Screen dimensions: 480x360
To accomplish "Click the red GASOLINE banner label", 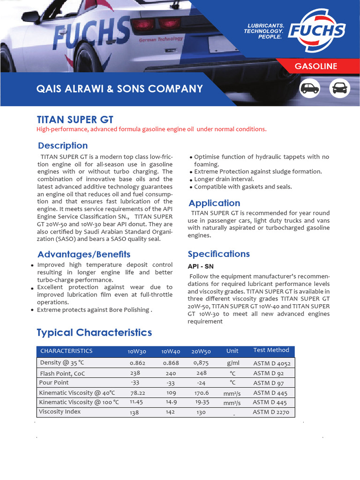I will pos(316,66).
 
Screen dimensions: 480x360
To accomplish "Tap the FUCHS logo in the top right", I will pos(316,31).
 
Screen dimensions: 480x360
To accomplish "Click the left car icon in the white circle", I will pos(310,88).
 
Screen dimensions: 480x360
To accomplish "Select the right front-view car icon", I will pos(340,88).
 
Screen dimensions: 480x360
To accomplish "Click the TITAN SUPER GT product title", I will pos(75,120).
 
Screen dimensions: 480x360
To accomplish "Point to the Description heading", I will pos(63,145).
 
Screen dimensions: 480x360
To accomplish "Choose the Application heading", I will pos(214,203).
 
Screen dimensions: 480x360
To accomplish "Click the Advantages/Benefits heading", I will pos(84,254).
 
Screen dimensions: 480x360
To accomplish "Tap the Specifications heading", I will pos(219,254).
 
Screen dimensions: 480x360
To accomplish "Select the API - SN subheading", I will pos(201,266).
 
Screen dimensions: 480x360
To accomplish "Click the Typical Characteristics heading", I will pos(94,332).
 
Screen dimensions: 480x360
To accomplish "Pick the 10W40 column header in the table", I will pos(171,351).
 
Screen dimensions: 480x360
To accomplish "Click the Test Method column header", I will pos(271,350).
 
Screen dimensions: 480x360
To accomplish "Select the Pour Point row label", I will pos(54,382).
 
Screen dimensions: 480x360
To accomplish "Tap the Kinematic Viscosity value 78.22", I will pos(137,393).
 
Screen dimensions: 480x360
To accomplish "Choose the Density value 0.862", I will pos(137,363).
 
